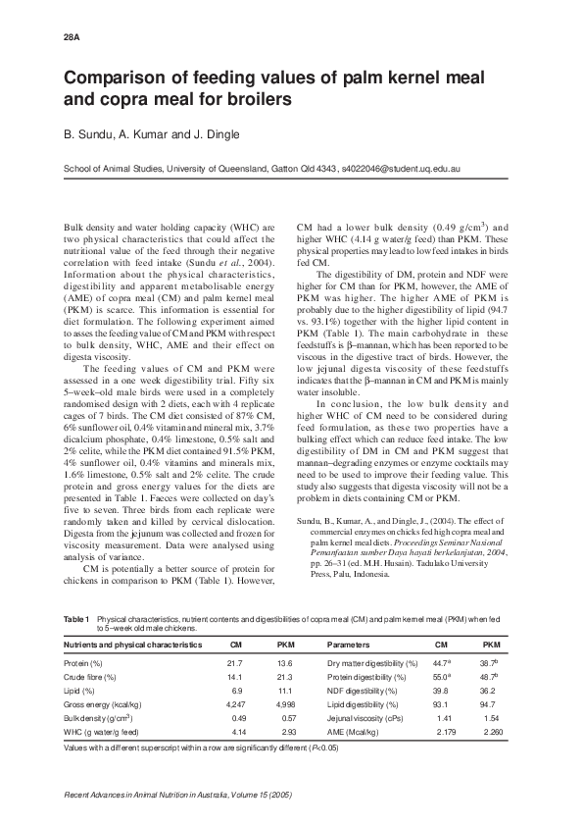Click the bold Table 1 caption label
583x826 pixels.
(x=76, y=619)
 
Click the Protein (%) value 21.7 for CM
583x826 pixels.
(x=235, y=663)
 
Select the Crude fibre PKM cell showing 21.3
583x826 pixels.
(x=286, y=677)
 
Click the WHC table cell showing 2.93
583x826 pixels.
(x=286, y=732)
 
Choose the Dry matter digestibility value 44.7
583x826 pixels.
(x=442, y=663)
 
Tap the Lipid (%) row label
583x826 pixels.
(x=82, y=691)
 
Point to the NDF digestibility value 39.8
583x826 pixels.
(x=441, y=691)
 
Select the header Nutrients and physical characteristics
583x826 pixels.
(x=132, y=645)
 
